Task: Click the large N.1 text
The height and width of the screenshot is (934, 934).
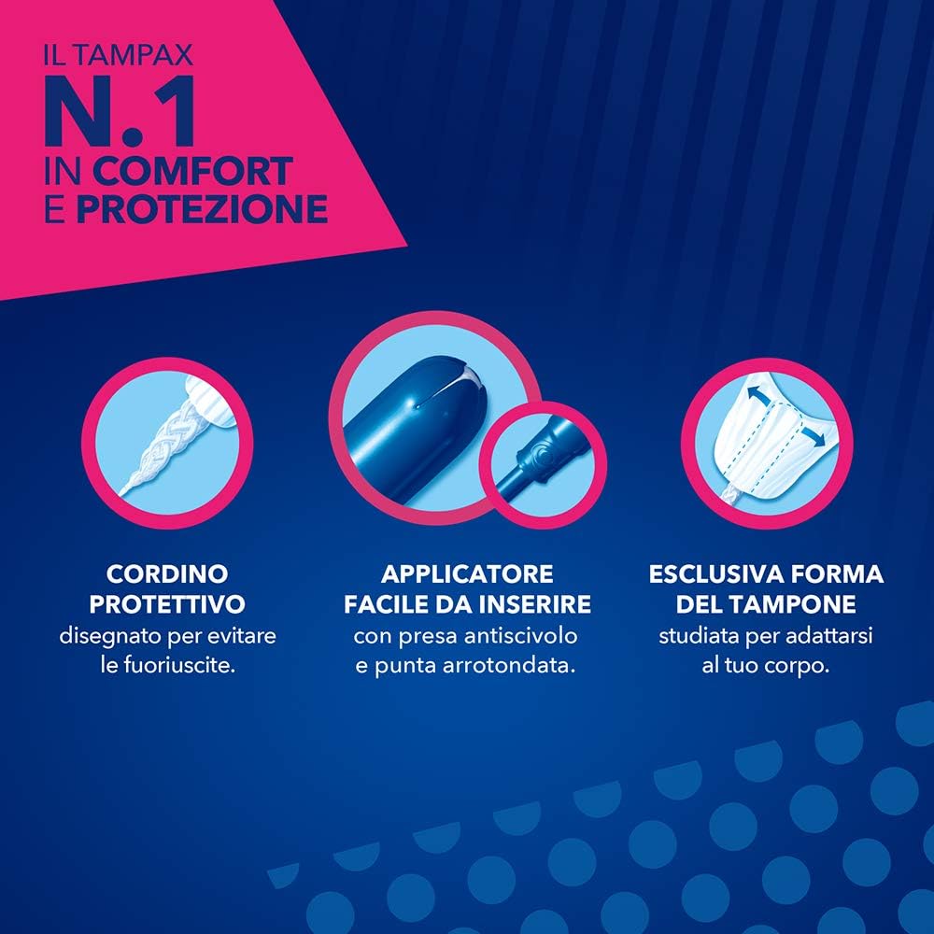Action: tap(120, 111)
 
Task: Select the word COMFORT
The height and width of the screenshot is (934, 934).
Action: tap(192, 172)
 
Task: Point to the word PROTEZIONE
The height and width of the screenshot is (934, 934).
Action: tap(202, 209)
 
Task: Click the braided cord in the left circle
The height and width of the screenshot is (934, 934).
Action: tap(168, 446)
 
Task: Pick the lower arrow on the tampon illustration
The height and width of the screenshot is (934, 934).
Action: tap(814, 436)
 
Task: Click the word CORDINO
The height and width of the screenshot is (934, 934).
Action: tap(167, 574)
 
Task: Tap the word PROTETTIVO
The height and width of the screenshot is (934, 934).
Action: tap(167, 604)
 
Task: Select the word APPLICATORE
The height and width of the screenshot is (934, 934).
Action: tap(468, 574)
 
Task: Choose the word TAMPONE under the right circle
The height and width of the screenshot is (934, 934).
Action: tap(800, 604)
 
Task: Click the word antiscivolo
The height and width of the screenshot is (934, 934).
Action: tap(520, 635)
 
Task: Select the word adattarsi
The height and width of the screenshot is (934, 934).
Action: tap(829, 635)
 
